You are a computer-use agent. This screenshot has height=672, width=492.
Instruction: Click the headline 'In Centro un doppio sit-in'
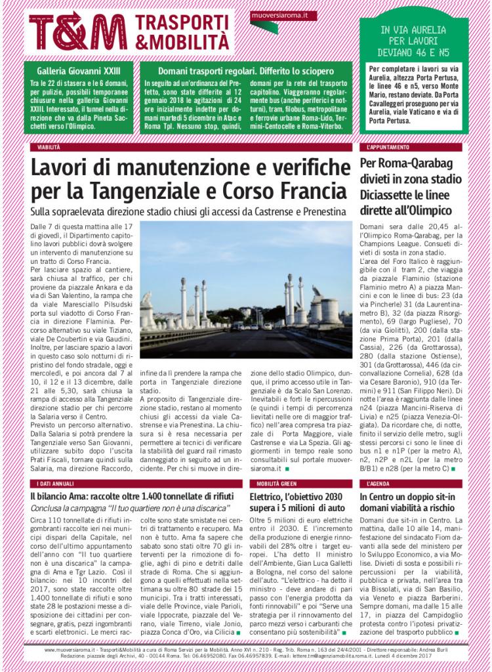[x=409, y=497]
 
